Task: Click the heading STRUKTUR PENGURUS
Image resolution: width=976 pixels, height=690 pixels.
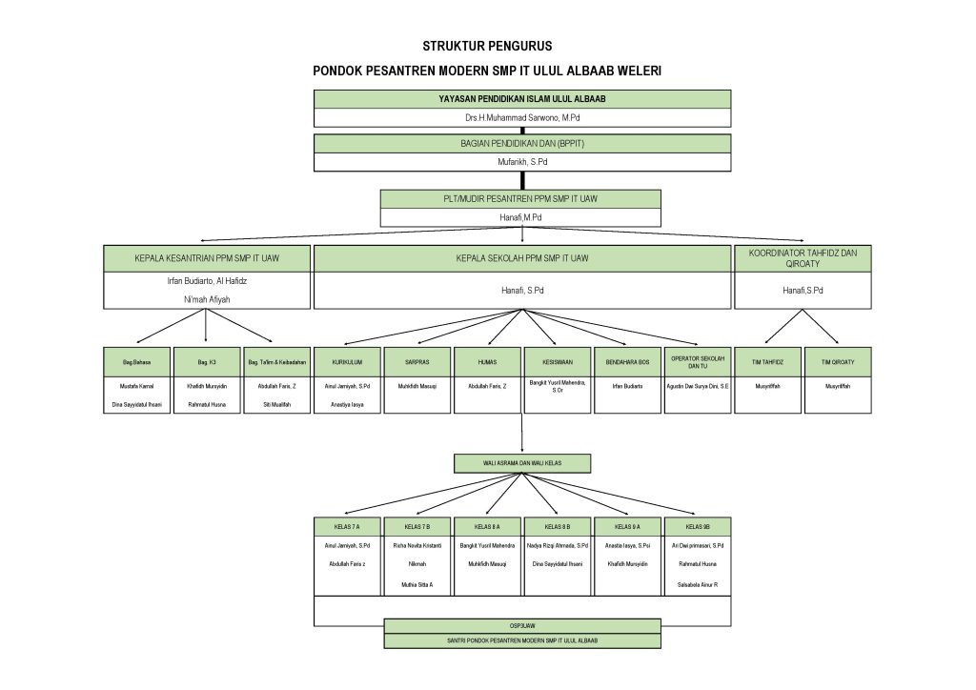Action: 487,46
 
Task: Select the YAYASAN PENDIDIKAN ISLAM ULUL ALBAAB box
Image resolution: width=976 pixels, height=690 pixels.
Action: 522,99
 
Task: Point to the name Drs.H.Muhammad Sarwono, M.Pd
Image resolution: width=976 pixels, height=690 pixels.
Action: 522,118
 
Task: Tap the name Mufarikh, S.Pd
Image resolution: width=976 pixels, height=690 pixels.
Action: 522,163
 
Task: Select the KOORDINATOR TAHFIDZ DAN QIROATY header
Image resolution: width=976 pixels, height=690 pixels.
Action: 803,257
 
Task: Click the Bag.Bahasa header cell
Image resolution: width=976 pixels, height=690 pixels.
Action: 137,362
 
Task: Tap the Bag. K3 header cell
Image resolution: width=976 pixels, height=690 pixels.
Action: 207,362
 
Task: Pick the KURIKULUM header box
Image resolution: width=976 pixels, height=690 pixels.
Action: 347,362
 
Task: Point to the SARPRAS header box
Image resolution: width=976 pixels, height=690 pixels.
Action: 417,362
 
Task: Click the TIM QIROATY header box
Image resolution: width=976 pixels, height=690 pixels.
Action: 838,362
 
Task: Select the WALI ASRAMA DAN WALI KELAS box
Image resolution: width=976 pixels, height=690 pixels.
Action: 521,463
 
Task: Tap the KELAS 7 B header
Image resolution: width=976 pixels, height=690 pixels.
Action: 417,526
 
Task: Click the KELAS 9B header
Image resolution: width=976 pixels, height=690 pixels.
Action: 697,526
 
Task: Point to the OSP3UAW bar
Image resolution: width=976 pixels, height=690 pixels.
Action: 521,626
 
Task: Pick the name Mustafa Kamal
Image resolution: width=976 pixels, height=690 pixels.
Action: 137,386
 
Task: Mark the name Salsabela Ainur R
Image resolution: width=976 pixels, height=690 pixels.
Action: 697,583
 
